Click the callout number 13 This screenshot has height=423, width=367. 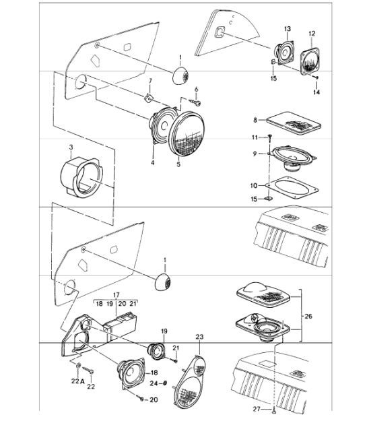pyautogui.click(x=287, y=29)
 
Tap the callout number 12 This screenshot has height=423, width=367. pyautogui.click(x=312, y=34)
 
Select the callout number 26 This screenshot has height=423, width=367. pyautogui.click(x=308, y=316)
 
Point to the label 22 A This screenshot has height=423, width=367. pyautogui.click(x=78, y=381)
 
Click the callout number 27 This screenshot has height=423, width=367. pyautogui.click(x=257, y=410)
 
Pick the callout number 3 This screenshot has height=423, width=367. pyautogui.click(x=71, y=148)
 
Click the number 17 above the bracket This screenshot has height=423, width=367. pyautogui.click(x=116, y=295)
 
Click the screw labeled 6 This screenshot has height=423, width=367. pyautogui.click(x=196, y=102)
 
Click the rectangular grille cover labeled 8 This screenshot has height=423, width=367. pyautogui.click(x=294, y=123)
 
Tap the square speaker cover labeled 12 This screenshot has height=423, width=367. pyautogui.click(x=310, y=61)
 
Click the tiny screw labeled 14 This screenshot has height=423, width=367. pyautogui.click(x=316, y=77)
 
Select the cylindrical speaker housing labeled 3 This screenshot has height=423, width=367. pyautogui.click(x=81, y=177)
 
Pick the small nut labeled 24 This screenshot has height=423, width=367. pyautogui.click(x=165, y=383)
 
